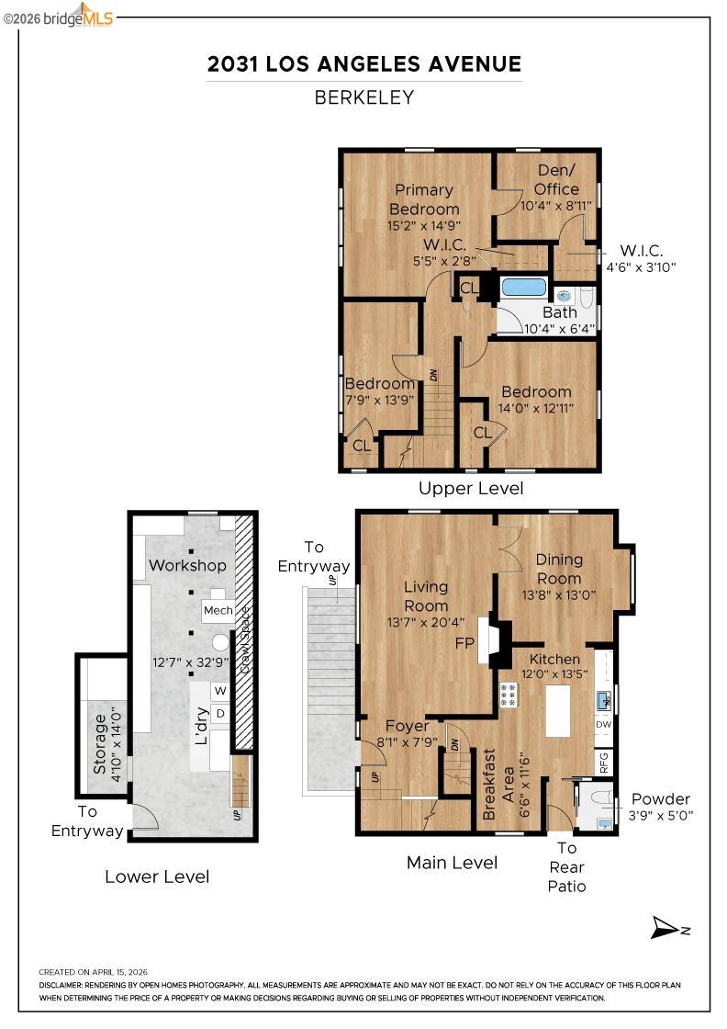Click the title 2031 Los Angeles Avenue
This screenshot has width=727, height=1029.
[x=363, y=63]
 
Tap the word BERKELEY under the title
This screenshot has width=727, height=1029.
[x=363, y=97]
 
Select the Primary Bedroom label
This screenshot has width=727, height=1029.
[x=423, y=199]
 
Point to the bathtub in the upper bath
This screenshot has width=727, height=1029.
[x=524, y=287]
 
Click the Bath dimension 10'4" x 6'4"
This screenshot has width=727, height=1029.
[x=558, y=327]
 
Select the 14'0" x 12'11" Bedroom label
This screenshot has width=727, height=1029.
[x=536, y=400]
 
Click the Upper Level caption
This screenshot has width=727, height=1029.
[x=471, y=488]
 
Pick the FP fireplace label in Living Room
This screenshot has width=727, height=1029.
[x=464, y=643]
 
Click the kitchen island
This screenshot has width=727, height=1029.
[x=558, y=710]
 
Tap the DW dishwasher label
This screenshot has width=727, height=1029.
[x=603, y=725]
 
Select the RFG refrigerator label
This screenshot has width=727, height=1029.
[x=603, y=762]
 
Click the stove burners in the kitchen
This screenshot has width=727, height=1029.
[x=509, y=695]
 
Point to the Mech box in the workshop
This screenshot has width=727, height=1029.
[x=218, y=610]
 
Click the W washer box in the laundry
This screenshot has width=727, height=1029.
[x=220, y=690]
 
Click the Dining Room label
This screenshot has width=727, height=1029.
[x=559, y=569]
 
